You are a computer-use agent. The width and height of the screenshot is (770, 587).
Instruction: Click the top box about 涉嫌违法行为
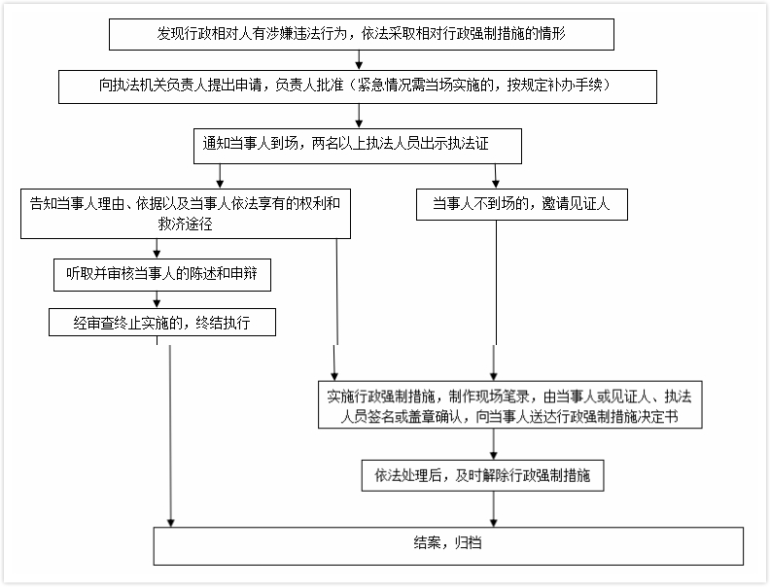pos(361,34)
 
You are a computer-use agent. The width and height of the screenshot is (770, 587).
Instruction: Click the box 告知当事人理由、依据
pos(185,213)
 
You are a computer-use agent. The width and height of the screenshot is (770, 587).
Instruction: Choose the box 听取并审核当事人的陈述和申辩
pos(160,275)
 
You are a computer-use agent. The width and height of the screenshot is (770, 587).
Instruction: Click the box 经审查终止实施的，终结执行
pos(161,323)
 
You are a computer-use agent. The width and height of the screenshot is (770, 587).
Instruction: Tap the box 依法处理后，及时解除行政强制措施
pos(496,475)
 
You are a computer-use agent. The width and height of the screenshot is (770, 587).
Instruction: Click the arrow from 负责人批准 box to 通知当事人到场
pos(360,116)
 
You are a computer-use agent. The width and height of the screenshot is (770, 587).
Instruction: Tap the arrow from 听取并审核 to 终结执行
pos(157,299)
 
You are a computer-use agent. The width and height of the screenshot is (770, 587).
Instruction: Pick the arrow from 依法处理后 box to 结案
pos(495,507)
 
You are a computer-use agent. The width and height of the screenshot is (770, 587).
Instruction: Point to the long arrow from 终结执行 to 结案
pos(171,428)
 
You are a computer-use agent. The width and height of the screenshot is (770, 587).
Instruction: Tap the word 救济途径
pos(186,224)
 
